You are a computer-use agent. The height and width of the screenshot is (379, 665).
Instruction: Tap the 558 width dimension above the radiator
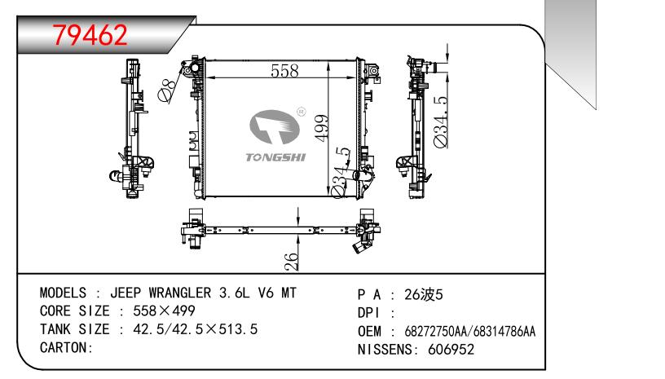[284, 71]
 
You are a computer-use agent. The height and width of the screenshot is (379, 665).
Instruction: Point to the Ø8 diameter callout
[168, 90]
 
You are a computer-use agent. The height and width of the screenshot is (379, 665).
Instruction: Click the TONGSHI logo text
[275, 156]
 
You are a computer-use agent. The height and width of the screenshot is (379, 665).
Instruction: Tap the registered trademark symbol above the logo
[301, 109]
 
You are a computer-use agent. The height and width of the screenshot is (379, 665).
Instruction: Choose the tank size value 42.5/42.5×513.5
[189, 329]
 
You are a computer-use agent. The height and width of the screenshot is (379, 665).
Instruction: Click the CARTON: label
[66, 347]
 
